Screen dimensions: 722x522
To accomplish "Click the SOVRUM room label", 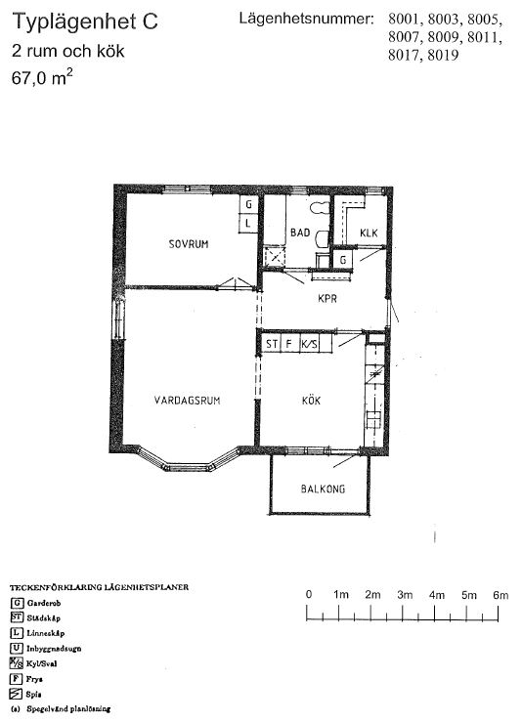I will [x=189, y=244].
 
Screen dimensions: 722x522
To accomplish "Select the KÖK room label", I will [x=311, y=401].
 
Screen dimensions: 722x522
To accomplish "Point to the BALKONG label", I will [x=321, y=490].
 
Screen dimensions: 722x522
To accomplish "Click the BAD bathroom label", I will [x=299, y=233].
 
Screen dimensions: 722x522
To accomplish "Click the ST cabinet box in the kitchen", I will [x=271, y=344].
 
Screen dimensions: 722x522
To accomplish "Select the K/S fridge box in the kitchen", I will [x=310, y=344].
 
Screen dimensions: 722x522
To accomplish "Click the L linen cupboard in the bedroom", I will [x=248, y=223].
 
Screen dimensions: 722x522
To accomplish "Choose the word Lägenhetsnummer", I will [x=305, y=19].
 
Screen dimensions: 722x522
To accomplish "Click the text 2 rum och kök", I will [x=68, y=51].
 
